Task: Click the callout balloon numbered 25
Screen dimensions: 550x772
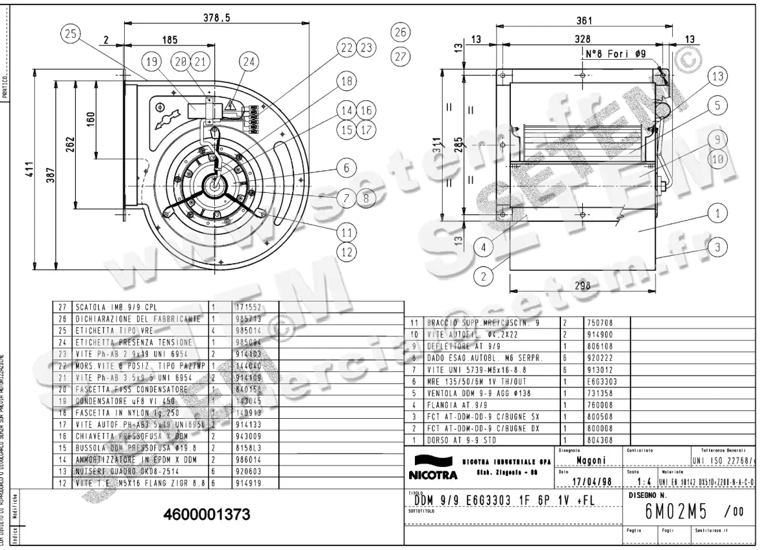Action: (x=71, y=35)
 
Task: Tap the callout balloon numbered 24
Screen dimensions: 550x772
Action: (x=249, y=62)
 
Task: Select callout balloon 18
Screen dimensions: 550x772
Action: (x=346, y=81)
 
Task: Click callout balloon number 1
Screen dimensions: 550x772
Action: (x=719, y=211)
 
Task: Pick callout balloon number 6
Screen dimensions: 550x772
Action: (x=346, y=167)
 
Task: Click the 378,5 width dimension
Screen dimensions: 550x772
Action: (x=217, y=19)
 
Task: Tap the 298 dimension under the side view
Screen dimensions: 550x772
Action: (x=582, y=287)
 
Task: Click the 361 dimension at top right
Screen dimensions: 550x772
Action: (x=585, y=21)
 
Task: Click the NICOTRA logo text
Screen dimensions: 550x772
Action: (x=432, y=476)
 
